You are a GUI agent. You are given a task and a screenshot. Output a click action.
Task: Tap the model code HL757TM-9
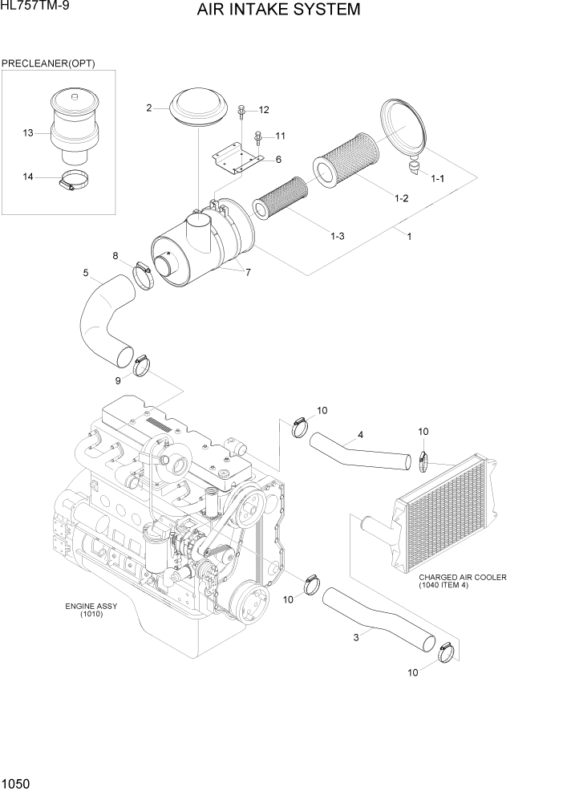coord(33,7)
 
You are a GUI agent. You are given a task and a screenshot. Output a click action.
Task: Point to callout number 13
coord(28,133)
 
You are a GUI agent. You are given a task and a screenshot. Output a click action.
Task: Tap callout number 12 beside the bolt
coord(264,110)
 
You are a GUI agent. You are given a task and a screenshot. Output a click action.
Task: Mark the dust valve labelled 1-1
coord(414,166)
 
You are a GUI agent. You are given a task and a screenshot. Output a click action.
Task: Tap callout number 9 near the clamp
coord(118,380)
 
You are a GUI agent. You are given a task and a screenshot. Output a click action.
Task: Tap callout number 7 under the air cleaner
coord(248,272)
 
